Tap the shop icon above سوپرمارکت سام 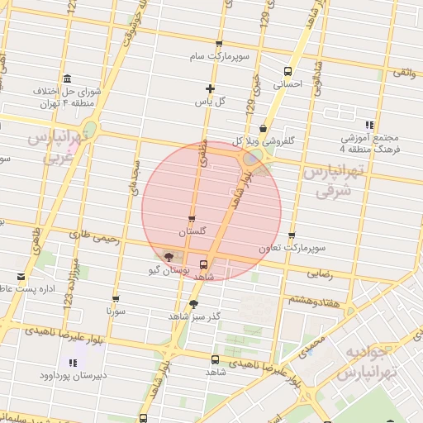(x=219, y=45)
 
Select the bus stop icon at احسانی (x=288, y=71)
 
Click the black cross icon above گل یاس (x=211, y=88)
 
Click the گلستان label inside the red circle (x=192, y=232)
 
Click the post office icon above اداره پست (x=21, y=277)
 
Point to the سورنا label (x=115, y=311)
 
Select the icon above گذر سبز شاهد (x=193, y=304)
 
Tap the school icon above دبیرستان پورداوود (x=71, y=361)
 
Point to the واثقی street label (x=404, y=73)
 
